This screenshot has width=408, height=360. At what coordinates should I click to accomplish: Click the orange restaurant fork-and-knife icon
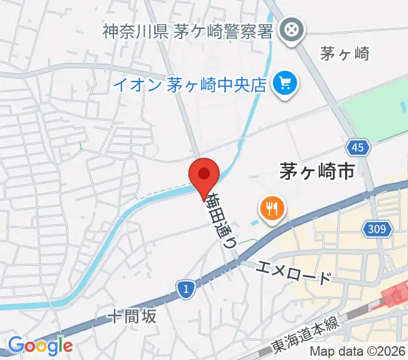272,209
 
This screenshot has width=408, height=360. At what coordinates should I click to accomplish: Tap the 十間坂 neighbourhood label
133,316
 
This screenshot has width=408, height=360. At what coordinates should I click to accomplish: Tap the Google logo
40,346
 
